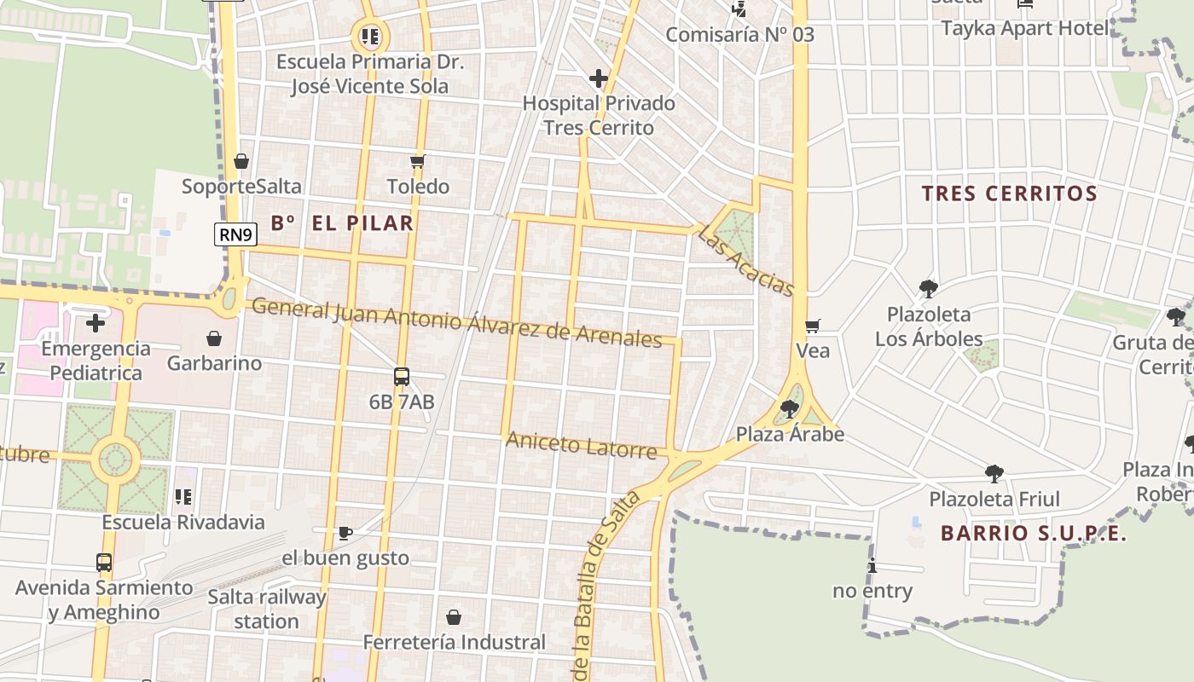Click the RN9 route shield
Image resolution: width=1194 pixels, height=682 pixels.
click(x=235, y=234)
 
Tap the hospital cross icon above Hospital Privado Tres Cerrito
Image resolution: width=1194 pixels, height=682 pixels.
click(x=599, y=79)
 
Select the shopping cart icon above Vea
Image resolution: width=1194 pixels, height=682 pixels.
click(x=812, y=326)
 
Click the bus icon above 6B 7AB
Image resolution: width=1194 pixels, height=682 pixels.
click(x=401, y=376)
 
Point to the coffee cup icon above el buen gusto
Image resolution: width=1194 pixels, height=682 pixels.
click(x=345, y=534)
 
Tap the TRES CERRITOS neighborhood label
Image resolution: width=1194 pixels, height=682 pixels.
click(x=1009, y=194)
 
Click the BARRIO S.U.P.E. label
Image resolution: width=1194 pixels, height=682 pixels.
click(x=1034, y=534)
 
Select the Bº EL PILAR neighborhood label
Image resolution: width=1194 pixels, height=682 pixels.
click(x=342, y=223)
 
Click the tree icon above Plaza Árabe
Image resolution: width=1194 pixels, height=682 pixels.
click(x=790, y=409)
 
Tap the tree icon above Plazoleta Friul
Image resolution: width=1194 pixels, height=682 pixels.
click(x=994, y=474)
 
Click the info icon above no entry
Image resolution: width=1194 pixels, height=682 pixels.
click(x=872, y=566)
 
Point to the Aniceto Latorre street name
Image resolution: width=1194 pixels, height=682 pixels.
click(x=582, y=444)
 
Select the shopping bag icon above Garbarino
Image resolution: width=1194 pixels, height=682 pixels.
click(x=214, y=338)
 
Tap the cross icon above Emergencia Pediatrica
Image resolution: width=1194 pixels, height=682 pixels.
click(x=96, y=323)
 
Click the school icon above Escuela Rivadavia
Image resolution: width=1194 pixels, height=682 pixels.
click(x=183, y=496)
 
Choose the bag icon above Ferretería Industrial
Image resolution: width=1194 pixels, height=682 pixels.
click(x=454, y=616)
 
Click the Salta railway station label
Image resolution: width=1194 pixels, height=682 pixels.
click(x=267, y=609)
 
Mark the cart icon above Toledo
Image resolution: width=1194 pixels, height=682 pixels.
click(x=417, y=161)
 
